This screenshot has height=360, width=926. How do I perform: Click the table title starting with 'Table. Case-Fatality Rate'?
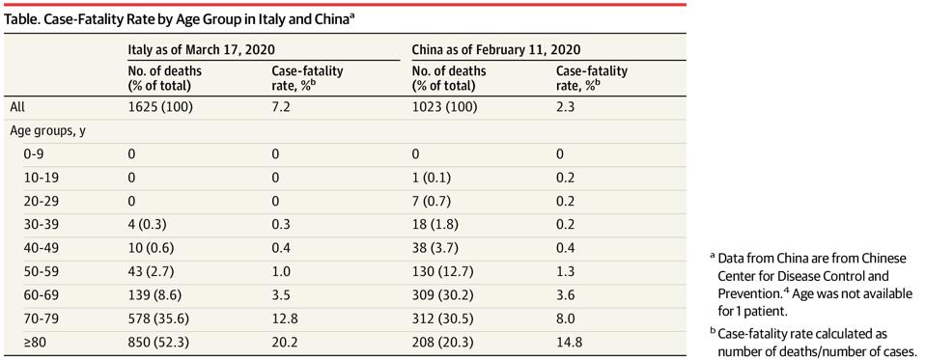tap(180, 17)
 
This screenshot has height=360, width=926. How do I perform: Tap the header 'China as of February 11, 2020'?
tap(495, 49)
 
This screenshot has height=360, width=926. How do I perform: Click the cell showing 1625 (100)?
tap(161, 106)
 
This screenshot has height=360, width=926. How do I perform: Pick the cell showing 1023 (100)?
tap(445, 106)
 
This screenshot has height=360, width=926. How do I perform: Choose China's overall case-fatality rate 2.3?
tap(566, 106)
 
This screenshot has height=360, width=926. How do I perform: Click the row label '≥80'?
tap(35, 340)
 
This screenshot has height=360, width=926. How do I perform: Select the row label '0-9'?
tap(35, 152)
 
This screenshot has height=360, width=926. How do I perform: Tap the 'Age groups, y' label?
tap(48, 129)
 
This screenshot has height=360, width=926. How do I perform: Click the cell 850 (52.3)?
tap(162, 340)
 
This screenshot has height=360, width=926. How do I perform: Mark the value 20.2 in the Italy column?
tap(283, 340)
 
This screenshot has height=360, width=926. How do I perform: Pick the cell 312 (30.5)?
tap(445, 317)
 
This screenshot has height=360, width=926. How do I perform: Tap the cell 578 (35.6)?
tap(162, 317)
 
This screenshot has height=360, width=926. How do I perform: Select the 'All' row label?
tap(17, 106)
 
